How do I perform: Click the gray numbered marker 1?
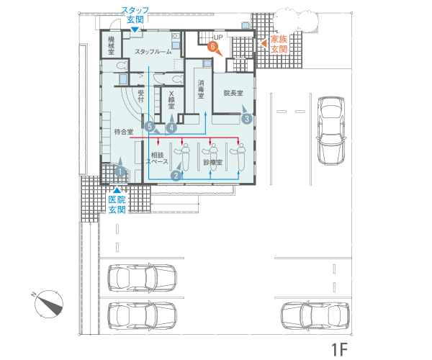[120, 171]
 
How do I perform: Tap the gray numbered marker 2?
[176, 176]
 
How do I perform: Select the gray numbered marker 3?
[246, 119]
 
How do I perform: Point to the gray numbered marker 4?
[171, 127]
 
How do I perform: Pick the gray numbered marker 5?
[150, 127]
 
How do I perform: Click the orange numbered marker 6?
[212, 46]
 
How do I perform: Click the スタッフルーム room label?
[153, 52]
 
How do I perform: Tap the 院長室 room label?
[233, 93]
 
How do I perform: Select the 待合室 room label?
[124, 132]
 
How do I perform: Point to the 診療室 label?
[213, 162]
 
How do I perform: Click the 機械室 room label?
[111, 45]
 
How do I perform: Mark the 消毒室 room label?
[201, 89]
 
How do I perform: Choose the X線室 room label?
[171, 99]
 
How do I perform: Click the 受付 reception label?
[141, 96]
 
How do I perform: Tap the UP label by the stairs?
[218, 37]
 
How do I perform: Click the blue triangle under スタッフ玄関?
[135, 30]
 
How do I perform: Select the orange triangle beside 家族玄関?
[264, 43]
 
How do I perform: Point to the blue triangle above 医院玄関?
[117, 190]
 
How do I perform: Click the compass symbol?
[48, 304]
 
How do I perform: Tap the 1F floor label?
[339, 349]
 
